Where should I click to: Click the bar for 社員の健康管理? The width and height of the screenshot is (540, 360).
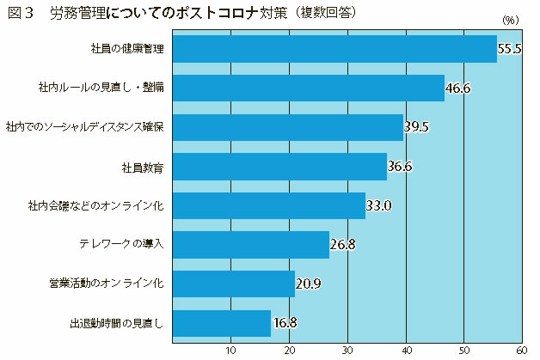point(334,49)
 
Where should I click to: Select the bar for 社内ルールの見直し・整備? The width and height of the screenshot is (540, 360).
point(308,88)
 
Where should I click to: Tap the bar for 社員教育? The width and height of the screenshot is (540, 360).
point(279,166)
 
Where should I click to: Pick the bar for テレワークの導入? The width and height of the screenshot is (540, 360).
point(250,245)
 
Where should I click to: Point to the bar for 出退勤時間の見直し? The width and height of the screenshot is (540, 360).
point(221,323)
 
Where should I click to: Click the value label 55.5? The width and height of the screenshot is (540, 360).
point(510,49)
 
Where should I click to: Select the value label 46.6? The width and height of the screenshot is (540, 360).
point(457,88)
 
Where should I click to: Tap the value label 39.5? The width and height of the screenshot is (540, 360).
point(416,127)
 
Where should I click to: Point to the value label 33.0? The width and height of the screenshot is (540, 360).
point(378,205)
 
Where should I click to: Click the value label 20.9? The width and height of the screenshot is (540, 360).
point(308,284)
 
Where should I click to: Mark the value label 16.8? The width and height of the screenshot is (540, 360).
point(285,323)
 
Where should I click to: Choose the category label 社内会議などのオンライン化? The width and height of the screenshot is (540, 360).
point(101,205)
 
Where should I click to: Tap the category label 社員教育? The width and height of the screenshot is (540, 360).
point(140,166)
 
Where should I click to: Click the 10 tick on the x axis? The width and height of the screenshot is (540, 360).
point(230,351)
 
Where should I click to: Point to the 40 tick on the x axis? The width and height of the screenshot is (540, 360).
point(405,351)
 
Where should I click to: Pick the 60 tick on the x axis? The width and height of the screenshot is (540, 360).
point(521,351)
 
